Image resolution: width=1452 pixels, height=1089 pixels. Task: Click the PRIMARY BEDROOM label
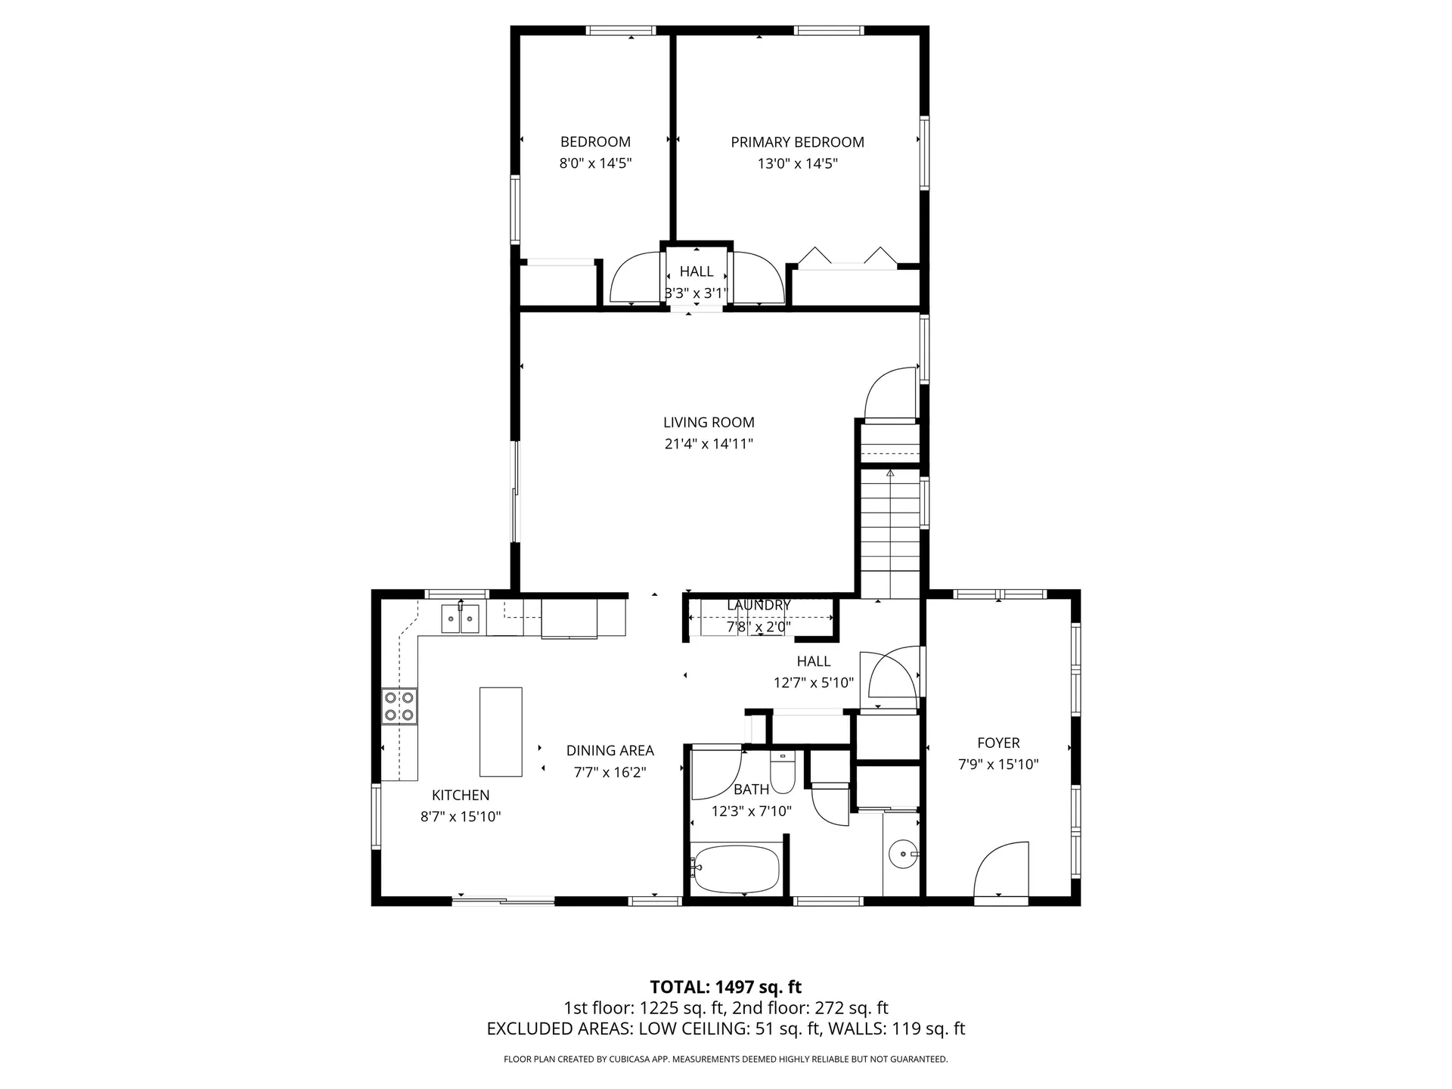pyautogui.click(x=797, y=142)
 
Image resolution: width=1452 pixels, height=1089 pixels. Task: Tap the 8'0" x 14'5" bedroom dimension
pyautogui.click(x=595, y=163)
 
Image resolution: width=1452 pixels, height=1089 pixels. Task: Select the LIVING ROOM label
pyautogui.click(x=709, y=423)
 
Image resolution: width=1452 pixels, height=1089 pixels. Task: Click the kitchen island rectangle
pyautogui.click(x=501, y=731)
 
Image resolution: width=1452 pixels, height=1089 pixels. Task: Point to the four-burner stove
pyautogui.click(x=399, y=706)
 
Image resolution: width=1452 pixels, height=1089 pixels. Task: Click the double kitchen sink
pyautogui.click(x=460, y=619)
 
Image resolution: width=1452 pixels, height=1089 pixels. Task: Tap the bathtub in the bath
pyautogui.click(x=736, y=869)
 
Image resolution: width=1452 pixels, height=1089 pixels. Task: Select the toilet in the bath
pyautogui.click(x=781, y=774)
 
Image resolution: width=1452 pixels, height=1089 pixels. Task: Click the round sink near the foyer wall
pyautogui.click(x=902, y=855)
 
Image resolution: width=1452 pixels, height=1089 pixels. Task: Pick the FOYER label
pyautogui.click(x=998, y=743)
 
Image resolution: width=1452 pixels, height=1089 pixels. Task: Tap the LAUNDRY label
pyautogui.click(x=759, y=605)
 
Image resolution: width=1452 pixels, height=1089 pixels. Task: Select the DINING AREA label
pyautogui.click(x=610, y=751)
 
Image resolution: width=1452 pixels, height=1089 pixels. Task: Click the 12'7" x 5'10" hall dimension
pyautogui.click(x=813, y=683)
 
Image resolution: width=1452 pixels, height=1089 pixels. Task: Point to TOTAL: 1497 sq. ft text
pyautogui.click(x=725, y=987)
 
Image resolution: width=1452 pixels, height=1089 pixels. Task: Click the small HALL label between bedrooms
pyautogui.click(x=696, y=271)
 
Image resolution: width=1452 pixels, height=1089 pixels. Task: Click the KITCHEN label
pyautogui.click(x=461, y=796)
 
